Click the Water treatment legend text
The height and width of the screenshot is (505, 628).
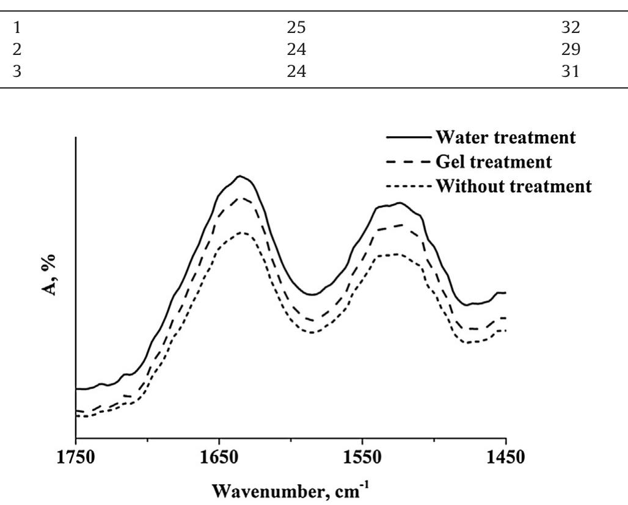coord(505,137)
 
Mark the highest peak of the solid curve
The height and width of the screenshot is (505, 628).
coord(240,176)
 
